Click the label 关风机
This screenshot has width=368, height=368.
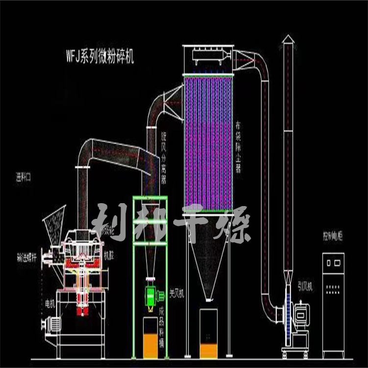(x=175, y=293)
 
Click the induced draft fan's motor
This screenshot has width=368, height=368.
(x=302, y=311)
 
